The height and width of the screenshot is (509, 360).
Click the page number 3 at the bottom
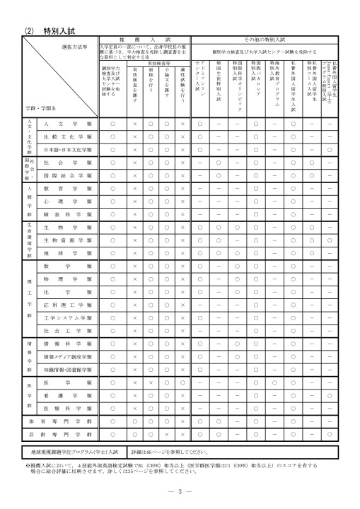point(180,491)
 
